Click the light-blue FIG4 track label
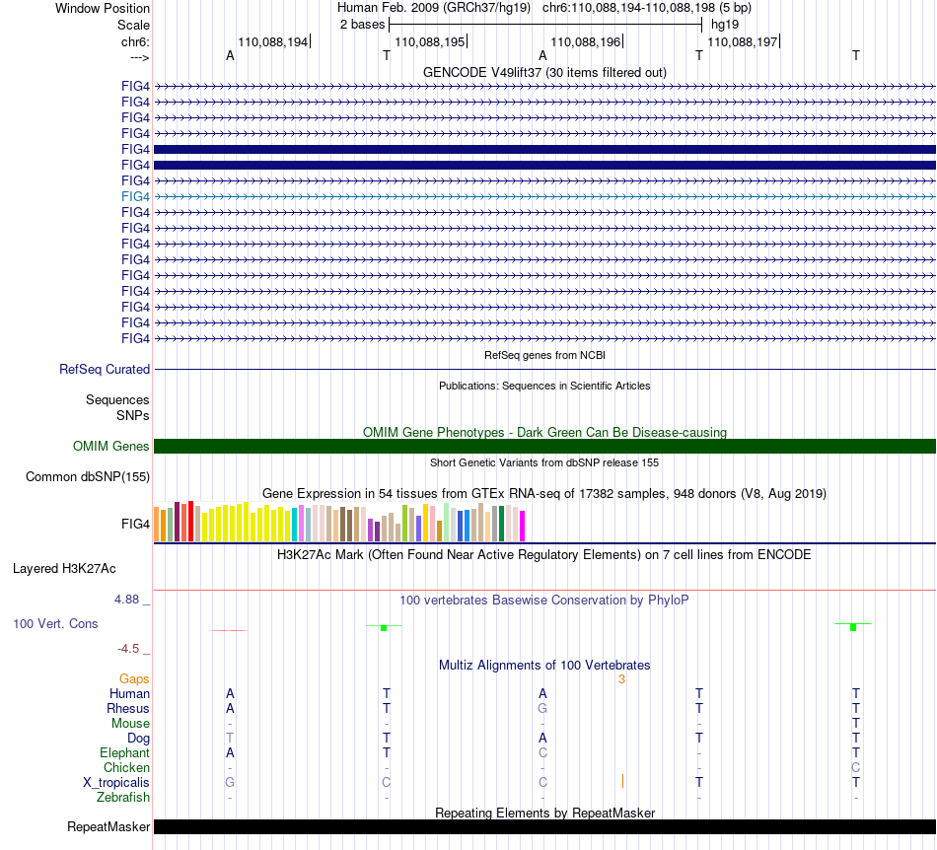135,196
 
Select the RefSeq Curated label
105,369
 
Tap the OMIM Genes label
111,447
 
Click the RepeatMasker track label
108,826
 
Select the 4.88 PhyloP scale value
130,600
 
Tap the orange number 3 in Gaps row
621,678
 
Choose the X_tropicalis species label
116,782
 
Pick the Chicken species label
126,767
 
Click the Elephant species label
124,752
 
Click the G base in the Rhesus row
542,708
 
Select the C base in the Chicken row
856,767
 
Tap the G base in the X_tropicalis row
230,782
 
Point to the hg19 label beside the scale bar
725,23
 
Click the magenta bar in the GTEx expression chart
523,526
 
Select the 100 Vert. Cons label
55,624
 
